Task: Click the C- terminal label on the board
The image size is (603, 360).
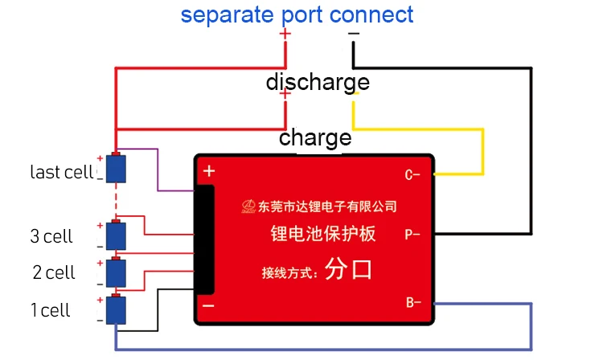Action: click(412, 175)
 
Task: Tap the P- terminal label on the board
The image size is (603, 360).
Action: click(412, 234)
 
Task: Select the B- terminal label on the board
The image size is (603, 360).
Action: click(413, 303)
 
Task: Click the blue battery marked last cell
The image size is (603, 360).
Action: click(116, 168)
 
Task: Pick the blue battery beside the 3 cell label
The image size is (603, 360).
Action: click(116, 235)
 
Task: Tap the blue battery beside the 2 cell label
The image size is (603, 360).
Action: click(116, 272)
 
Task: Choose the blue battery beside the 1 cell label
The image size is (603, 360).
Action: click(116, 309)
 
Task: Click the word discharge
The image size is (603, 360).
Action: click(318, 83)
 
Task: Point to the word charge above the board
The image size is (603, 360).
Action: click(315, 138)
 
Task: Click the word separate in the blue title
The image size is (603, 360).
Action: click(227, 15)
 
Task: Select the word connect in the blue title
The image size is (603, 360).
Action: click(371, 15)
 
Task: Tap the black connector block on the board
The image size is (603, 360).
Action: click(204, 239)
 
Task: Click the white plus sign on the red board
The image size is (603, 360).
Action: click(209, 171)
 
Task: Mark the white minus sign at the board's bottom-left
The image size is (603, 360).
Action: click(208, 306)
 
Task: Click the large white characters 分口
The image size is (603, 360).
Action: click(348, 269)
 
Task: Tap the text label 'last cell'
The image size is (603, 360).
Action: click(62, 172)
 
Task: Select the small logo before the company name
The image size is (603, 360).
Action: click(248, 207)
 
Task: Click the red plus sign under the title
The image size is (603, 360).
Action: click(285, 34)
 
